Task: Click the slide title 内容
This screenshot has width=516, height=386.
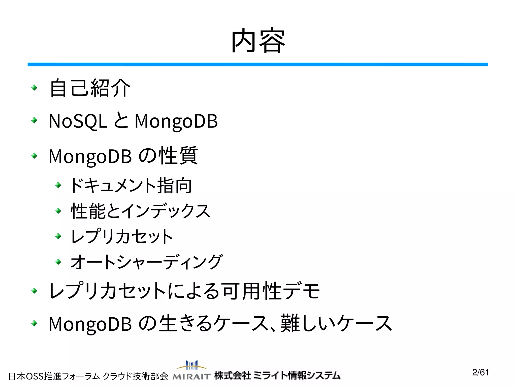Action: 258,41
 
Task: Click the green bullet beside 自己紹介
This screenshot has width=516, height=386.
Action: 34,88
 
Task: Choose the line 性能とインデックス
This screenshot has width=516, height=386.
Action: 140,211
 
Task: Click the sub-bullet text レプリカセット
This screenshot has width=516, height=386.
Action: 122,236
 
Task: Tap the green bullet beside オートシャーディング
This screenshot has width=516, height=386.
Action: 58,262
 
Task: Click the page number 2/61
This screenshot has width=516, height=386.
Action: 480,372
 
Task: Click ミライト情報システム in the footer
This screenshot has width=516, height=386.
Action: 297,375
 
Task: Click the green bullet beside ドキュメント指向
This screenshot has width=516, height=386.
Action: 58,185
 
